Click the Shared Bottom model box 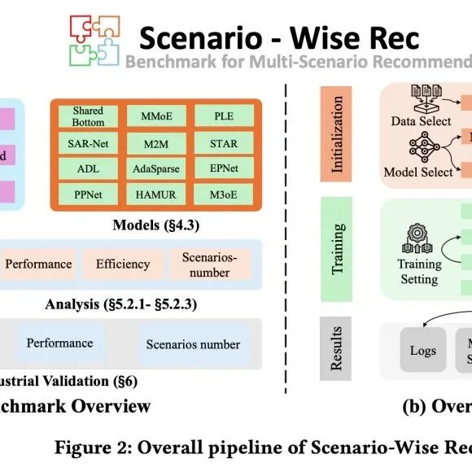[87, 116]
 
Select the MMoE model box [155, 116]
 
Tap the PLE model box [223, 116]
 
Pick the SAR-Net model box [87, 144]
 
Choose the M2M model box [155, 144]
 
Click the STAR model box [223, 144]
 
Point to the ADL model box [87, 169]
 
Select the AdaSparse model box [155, 169]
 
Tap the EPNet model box [223, 169]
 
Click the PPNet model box [87, 195]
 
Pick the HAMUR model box [155, 195]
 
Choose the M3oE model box [223, 195]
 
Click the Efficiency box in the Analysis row [123, 264]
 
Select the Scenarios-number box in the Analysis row [209, 264]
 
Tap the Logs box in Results [422, 351]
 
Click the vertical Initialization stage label [336, 135]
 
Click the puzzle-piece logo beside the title [92, 40]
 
